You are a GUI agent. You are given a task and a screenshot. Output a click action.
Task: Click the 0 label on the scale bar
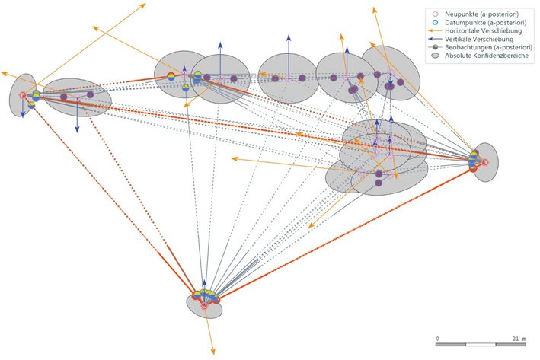(x=437, y=338)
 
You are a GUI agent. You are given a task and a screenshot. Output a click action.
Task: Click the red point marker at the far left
(x=22, y=95)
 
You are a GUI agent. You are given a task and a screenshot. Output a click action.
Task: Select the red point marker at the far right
(x=483, y=161)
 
